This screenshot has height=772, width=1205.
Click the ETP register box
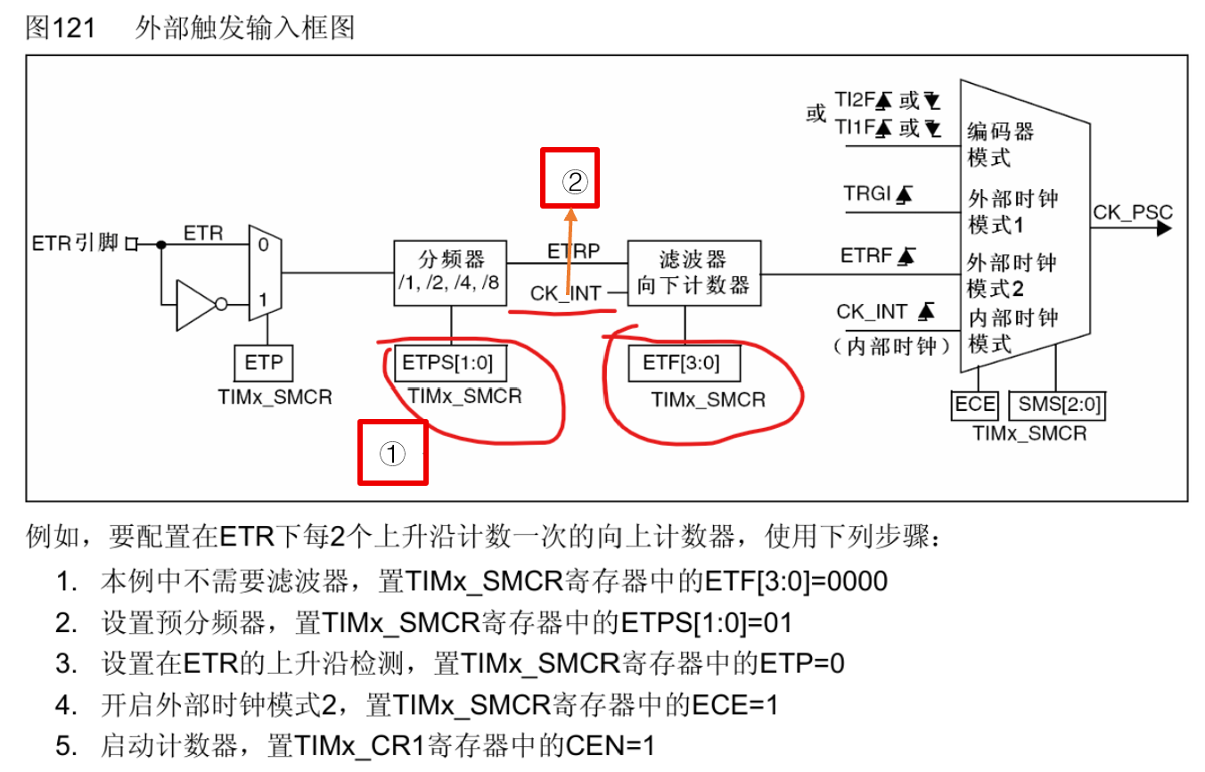coord(264,363)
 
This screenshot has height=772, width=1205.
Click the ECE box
coord(975,405)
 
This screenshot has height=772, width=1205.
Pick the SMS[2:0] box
coord(1057,405)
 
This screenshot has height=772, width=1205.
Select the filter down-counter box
coord(694,272)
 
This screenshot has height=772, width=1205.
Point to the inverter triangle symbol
coord(197,304)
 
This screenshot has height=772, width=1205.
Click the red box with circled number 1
coord(392,452)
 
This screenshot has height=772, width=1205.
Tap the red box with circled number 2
coord(570,177)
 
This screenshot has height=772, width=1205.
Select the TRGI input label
coord(868,193)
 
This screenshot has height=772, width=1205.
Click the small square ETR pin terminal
coord(131,243)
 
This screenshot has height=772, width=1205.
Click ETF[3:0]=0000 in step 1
coord(796,581)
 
